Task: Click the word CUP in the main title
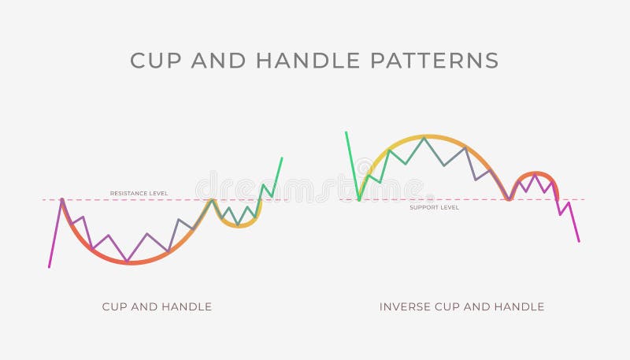pyautogui.click(x=156, y=61)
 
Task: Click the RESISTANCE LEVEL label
pyautogui.click(x=139, y=194)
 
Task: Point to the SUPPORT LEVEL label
pyautogui.click(x=434, y=207)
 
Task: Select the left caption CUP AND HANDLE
pyautogui.click(x=157, y=306)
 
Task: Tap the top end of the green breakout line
pyautogui.click(x=282, y=158)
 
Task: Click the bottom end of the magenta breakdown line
pyautogui.click(x=579, y=241)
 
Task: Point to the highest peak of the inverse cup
pyautogui.click(x=424, y=136)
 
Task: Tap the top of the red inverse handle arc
pyautogui.click(x=536, y=173)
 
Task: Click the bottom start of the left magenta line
pyautogui.click(x=49, y=267)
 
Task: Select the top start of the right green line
pyautogui.click(x=346, y=132)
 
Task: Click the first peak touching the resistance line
pyautogui.click(x=61, y=199)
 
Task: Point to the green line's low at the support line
pyautogui.click(x=359, y=200)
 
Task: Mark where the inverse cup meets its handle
pyautogui.click(x=509, y=199)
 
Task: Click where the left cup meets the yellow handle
pyautogui.click(x=211, y=199)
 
